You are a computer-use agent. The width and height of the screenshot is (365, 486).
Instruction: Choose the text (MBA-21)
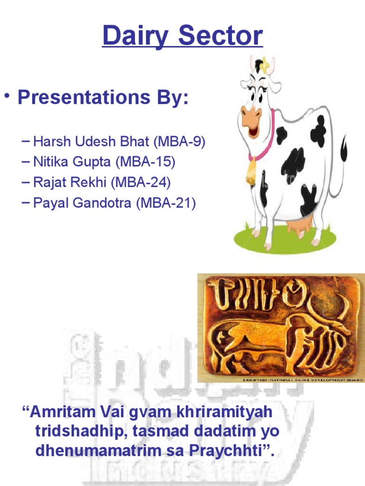(x=166, y=204)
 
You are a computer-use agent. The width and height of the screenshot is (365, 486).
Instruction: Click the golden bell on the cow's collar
(x=251, y=173)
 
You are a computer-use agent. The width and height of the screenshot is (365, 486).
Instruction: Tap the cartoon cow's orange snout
(x=250, y=116)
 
